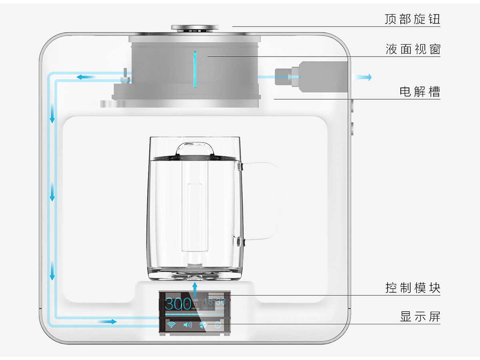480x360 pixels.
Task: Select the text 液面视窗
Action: pos(413,50)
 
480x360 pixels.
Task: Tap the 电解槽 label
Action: pos(420,92)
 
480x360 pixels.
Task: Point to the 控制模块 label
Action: pos(413,288)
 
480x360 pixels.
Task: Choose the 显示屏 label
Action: pos(420,317)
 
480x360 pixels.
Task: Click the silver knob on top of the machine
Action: pos(195,28)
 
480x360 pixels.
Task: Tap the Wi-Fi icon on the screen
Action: pos(171,324)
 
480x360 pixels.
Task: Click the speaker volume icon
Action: pos(188,324)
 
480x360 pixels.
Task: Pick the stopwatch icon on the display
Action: pos(217,324)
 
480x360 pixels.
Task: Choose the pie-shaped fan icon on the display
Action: pos(203,324)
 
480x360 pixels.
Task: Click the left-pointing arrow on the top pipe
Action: pos(86,77)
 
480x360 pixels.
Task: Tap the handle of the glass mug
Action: pos(262,200)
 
